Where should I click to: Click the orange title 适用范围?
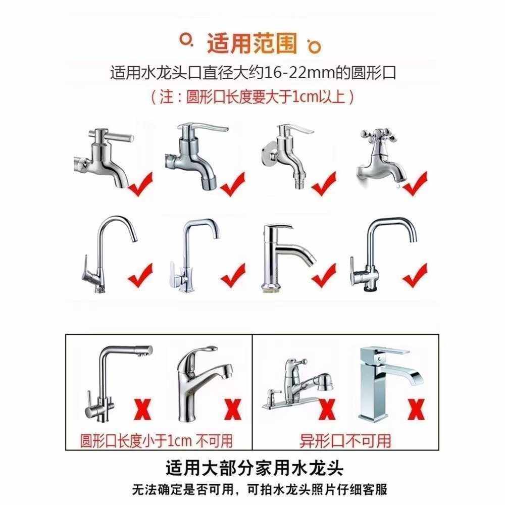pos(251,44)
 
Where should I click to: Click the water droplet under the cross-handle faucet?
pos(399,186)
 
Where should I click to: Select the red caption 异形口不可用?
pos(345,440)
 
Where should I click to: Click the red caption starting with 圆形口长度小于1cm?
pos(157,440)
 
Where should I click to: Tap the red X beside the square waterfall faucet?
pos(415,408)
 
